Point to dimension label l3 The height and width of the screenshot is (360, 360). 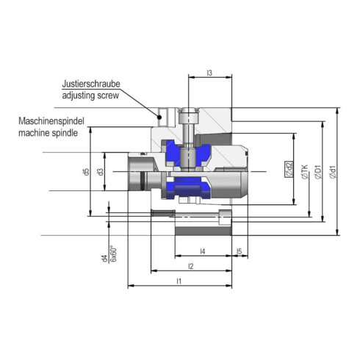point(209,73)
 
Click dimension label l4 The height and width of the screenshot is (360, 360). point(202,251)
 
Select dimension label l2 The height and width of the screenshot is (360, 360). point(191,265)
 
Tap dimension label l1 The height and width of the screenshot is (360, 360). point(179,281)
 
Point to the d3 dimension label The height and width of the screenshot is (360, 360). point(101,172)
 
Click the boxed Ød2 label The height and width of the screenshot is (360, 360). point(289,171)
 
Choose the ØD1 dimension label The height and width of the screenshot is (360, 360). point(318,172)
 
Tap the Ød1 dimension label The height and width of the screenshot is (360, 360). point(333,172)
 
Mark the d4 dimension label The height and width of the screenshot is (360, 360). point(104,257)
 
